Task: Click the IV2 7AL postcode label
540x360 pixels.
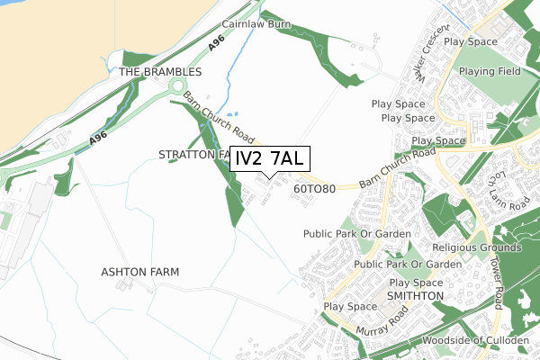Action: tap(270, 158)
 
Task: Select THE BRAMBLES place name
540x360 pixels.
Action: tap(160, 71)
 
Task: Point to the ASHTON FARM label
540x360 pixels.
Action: tap(139, 271)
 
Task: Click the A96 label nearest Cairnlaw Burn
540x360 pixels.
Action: tap(215, 42)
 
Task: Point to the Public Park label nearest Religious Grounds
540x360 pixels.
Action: tap(408, 265)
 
